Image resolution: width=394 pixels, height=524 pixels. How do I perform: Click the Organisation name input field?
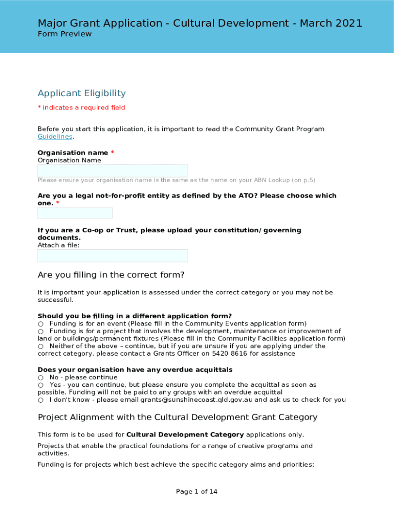point(112,171)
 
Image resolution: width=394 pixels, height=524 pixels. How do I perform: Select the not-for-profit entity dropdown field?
point(75,213)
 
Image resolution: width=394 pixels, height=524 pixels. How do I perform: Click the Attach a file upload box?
point(112,255)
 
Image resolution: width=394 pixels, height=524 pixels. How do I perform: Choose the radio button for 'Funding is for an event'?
point(40,324)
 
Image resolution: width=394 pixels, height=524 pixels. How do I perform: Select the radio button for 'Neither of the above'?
point(40,346)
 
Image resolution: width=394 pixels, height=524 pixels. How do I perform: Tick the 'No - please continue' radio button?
point(40,378)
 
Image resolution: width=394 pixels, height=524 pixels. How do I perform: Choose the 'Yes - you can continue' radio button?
point(40,385)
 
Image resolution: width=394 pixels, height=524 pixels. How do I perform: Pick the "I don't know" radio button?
point(40,400)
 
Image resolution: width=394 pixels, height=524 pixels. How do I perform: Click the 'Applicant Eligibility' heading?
point(81,93)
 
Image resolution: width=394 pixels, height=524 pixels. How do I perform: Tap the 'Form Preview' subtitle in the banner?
point(64,34)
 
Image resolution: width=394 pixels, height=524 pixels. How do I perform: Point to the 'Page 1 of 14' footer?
point(196,492)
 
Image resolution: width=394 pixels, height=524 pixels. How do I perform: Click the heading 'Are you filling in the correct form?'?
point(111,275)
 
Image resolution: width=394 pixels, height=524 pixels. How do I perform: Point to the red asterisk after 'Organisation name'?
point(112,153)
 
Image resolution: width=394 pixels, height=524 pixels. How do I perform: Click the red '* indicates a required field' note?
point(81,107)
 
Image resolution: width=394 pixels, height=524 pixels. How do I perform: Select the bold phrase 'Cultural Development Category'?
point(185,435)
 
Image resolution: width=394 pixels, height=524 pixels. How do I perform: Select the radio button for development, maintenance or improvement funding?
point(40,332)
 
